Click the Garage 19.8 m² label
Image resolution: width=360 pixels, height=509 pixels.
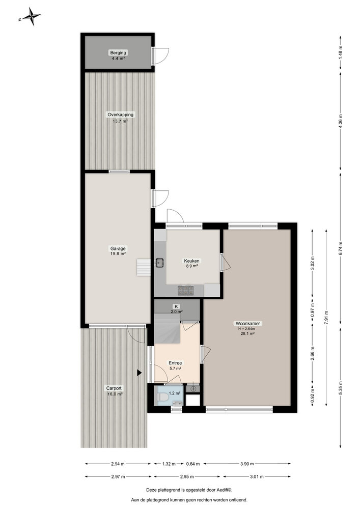click(x=118, y=251)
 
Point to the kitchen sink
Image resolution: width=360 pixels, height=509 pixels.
click(x=159, y=263)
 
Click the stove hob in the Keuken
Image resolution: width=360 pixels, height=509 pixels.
click(x=185, y=290)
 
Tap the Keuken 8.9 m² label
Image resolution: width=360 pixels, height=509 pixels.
click(x=192, y=263)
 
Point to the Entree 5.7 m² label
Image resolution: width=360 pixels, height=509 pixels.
click(x=175, y=365)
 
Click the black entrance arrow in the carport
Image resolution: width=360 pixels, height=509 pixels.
click(x=139, y=373)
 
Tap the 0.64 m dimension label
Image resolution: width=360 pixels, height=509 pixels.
click(x=193, y=464)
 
